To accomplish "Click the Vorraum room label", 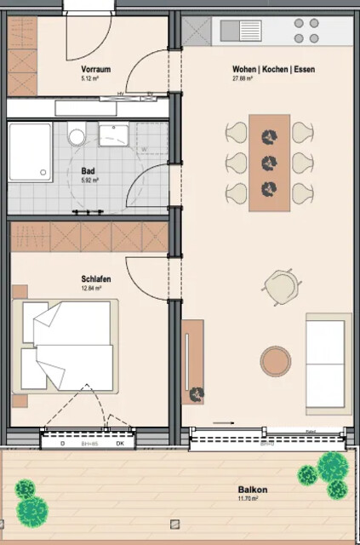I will pyautogui.click(x=96, y=69).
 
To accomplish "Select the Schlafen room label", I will pyautogui.click(x=93, y=278).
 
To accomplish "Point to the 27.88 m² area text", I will pyautogui.click(x=244, y=78).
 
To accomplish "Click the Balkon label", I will pyautogui.click(x=253, y=490).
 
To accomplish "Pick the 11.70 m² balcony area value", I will pyautogui.click(x=253, y=500).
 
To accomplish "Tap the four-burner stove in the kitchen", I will pyautogui.click(x=306, y=31).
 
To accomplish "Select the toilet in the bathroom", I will pyautogui.click(x=77, y=136).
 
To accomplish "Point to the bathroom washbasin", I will pyautogui.click(x=112, y=134).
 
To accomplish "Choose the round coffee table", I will pyautogui.click(x=276, y=360).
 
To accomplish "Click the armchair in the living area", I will pyautogui.click(x=280, y=285).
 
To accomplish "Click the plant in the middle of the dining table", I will pyautogui.click(x=270, y=162).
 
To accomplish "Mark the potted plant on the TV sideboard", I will pyautogui.click(x=197, y=393).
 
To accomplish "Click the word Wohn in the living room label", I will pyautogui.click(x=244, y=69).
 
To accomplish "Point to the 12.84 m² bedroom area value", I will pyautogui.click(x=92, y=289).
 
